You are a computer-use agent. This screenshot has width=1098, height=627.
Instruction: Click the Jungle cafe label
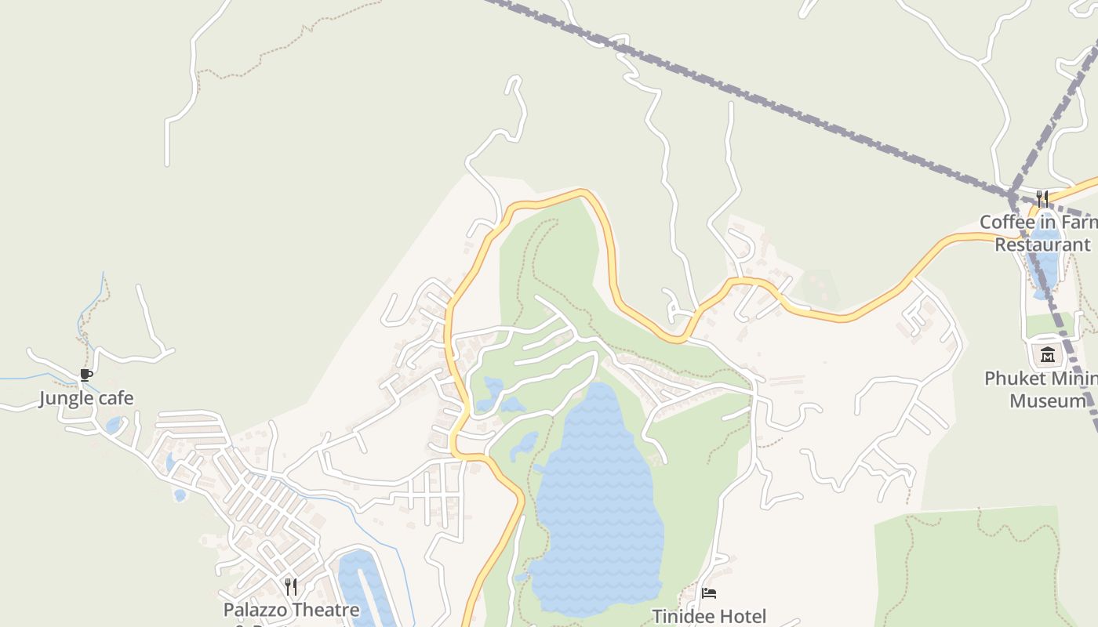tap(86, 398)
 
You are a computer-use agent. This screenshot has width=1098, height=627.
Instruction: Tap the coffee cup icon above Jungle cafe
tap(86, 375)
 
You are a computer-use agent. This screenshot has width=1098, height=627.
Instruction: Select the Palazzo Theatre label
tap(291, 610)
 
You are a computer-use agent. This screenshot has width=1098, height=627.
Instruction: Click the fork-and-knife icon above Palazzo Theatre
tap(291, 586)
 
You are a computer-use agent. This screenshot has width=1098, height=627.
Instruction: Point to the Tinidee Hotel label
tap(709, 617)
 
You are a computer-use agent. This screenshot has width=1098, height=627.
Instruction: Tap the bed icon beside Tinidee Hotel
tap(709, 593)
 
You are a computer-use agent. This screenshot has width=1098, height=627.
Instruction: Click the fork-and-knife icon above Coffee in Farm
tap(1042, 198)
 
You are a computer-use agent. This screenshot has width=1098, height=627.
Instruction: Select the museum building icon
tap(1048, 355)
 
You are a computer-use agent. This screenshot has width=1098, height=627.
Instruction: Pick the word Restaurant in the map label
tap(1042, 245)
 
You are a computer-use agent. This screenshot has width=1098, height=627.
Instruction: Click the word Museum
tap(1048, 401)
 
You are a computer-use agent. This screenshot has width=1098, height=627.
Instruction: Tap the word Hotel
tap(740, 617)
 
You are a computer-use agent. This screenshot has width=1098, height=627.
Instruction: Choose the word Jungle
tap(65, 398)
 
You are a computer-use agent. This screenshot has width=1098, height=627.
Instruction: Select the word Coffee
tap(1006, 222)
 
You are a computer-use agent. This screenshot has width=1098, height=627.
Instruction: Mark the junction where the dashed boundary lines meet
tap(1013, 194)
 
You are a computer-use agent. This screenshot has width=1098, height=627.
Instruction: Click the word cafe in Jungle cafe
tap(115, 398)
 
